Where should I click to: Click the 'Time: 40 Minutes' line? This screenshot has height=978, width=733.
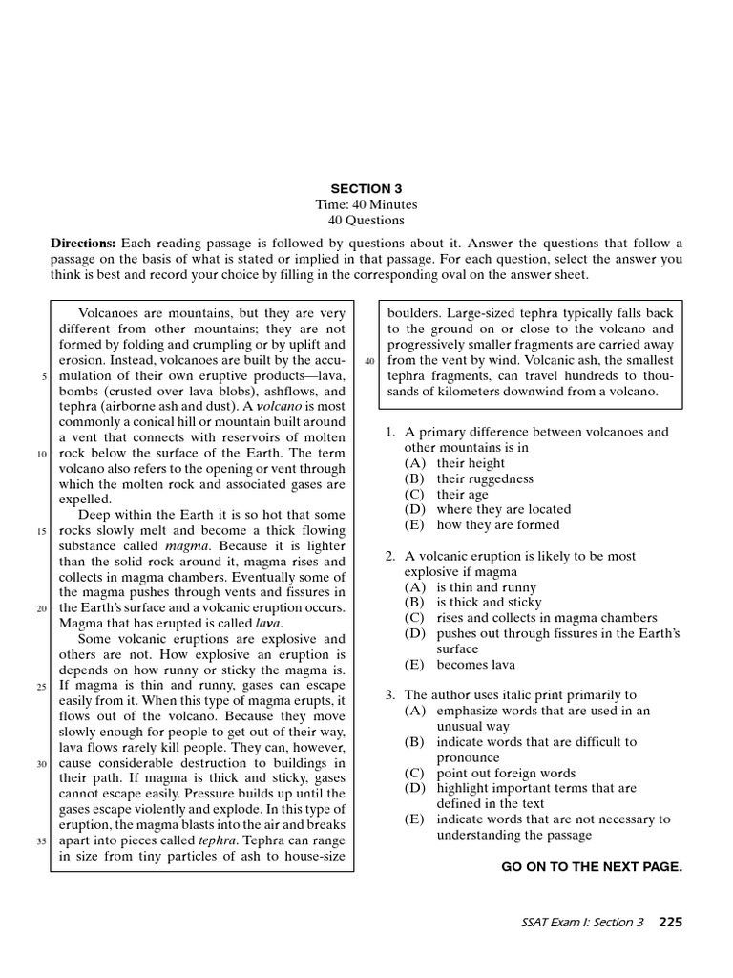pyautogui.click(x=366, y=204)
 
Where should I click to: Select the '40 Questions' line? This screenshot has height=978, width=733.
pyautogui.click(x=366, y=220)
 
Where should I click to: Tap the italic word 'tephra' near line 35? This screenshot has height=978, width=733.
pyautogui.click(x=216, y=841)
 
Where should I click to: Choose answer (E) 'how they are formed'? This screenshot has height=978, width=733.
pyautogui.click(x=497, y=524)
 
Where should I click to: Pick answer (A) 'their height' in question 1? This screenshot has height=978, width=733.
pyautogui.click(x=471, y=463)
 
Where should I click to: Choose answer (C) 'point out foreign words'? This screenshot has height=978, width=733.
pyautogui.click(x=506, y=773)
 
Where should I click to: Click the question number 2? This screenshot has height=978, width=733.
pyautogui.click(x=390, y=556)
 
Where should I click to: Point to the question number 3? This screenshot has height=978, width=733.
pyautogui.click(x=390, y=695)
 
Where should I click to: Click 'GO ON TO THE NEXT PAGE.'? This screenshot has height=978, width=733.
pyautogui.click(x=592, y=866)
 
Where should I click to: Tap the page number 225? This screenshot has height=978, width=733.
pyautogui.click(x=670, y=922)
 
